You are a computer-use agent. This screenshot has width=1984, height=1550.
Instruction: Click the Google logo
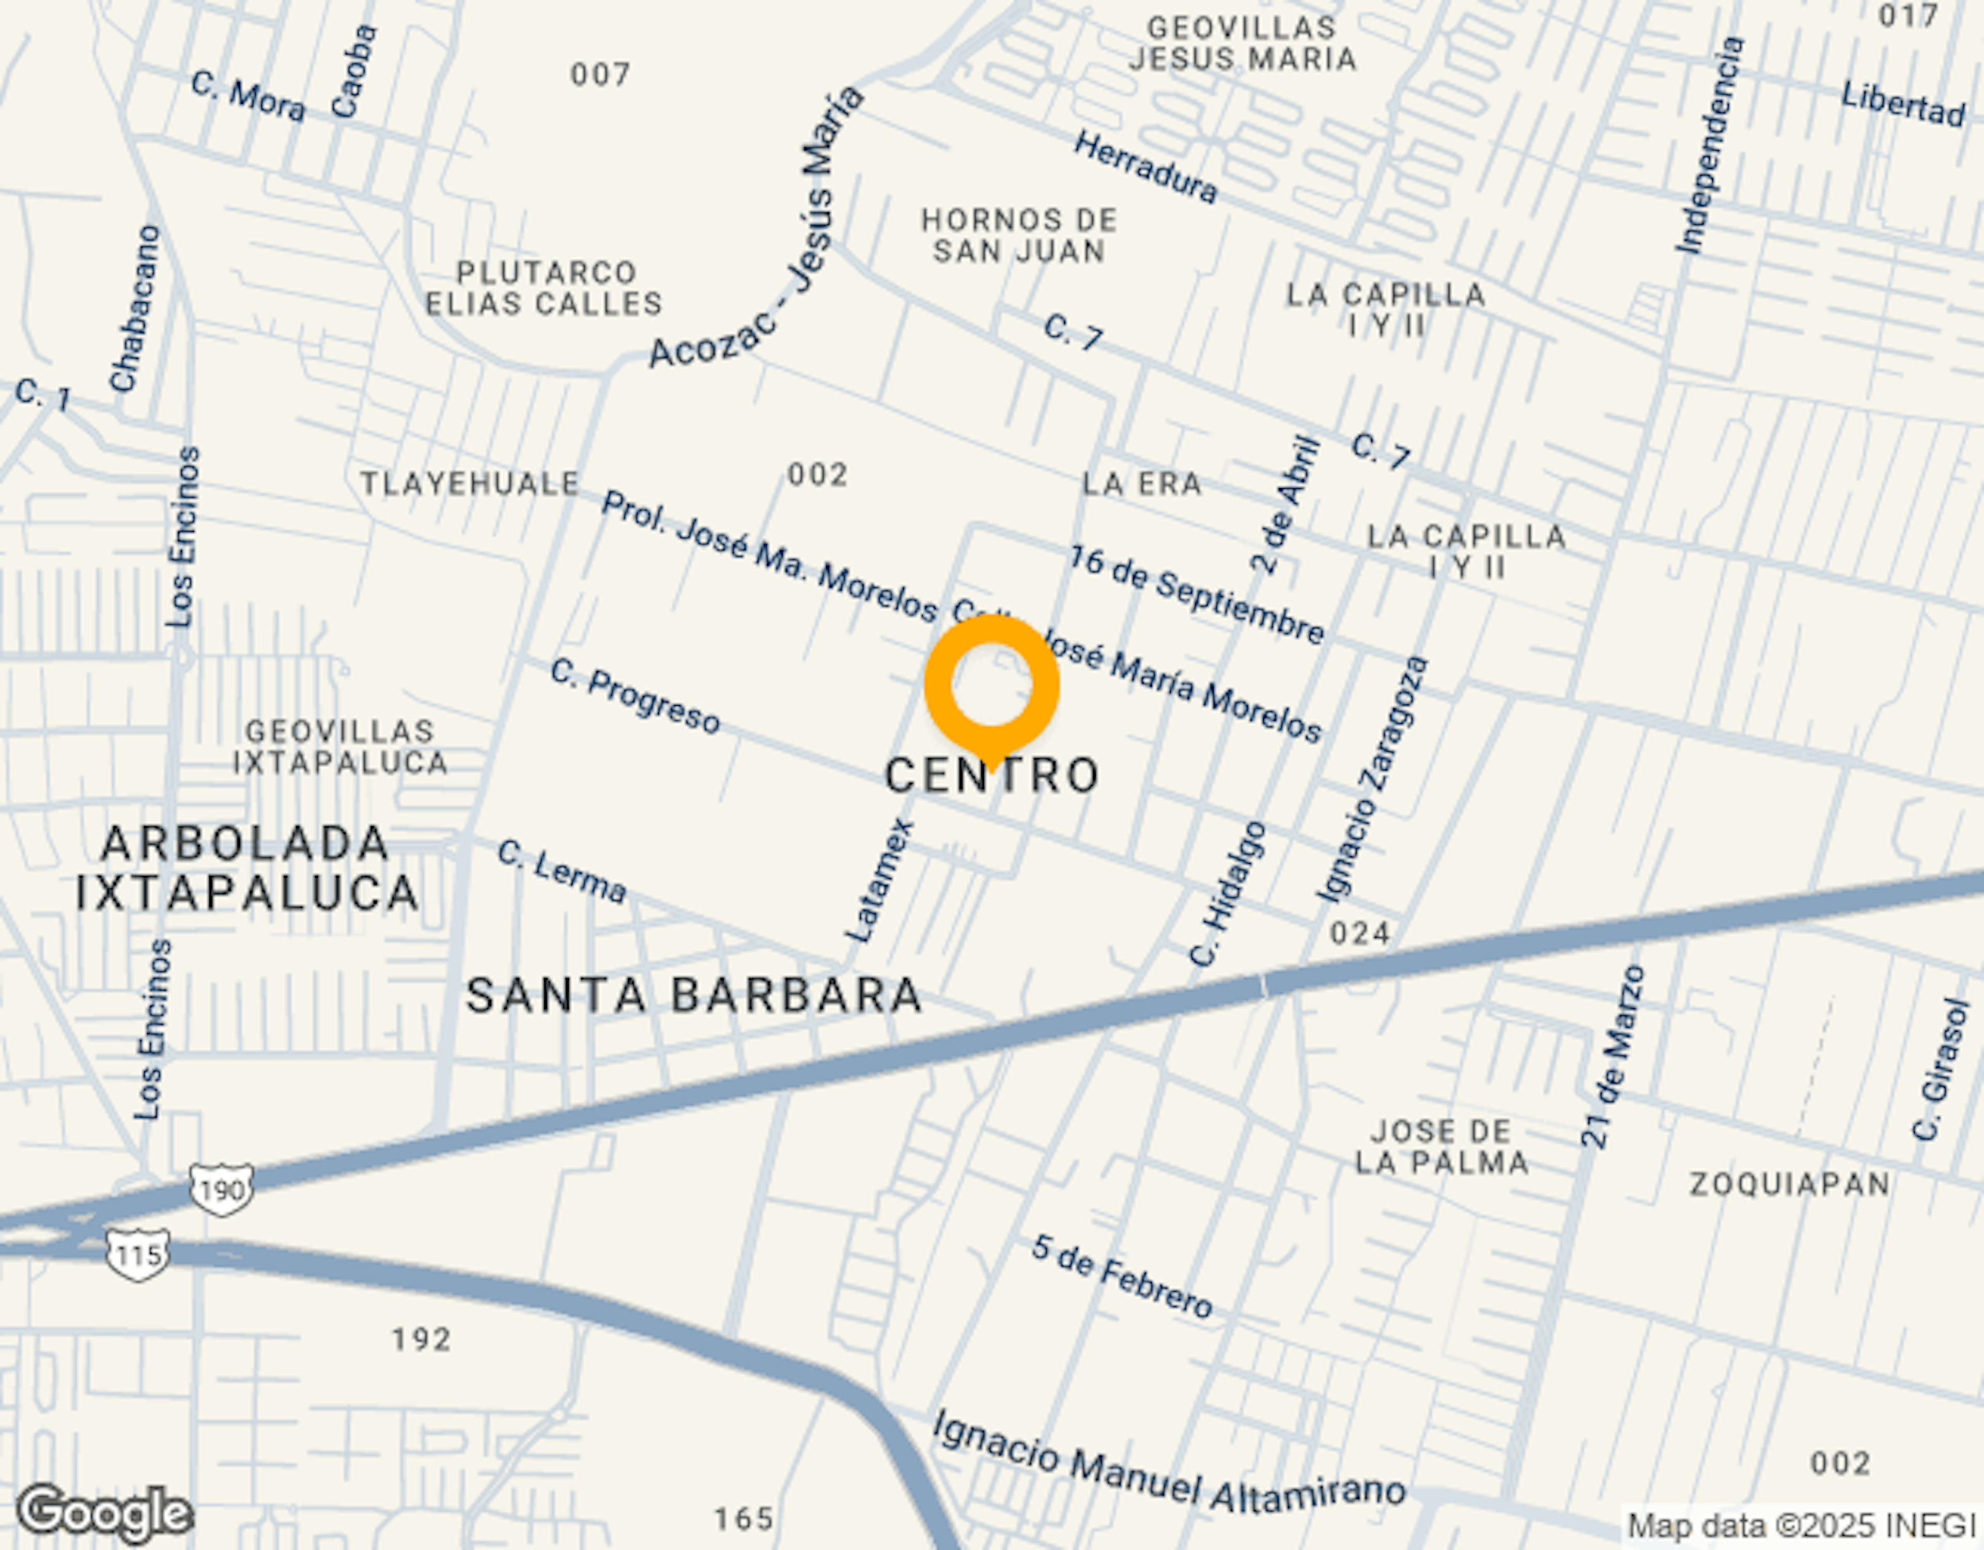104,1514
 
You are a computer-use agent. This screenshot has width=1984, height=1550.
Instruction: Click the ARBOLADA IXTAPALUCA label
245,869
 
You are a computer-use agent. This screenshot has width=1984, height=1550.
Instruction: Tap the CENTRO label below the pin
992,776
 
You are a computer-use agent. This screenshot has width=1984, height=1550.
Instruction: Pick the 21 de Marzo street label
1614,1057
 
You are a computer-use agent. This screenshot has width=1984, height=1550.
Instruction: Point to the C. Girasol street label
1941,1069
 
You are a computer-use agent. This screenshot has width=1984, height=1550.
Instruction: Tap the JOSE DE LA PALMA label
1441,1146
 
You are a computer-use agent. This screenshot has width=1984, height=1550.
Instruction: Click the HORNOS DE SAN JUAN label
1018,235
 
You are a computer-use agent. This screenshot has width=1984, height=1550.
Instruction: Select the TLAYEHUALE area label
470,484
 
